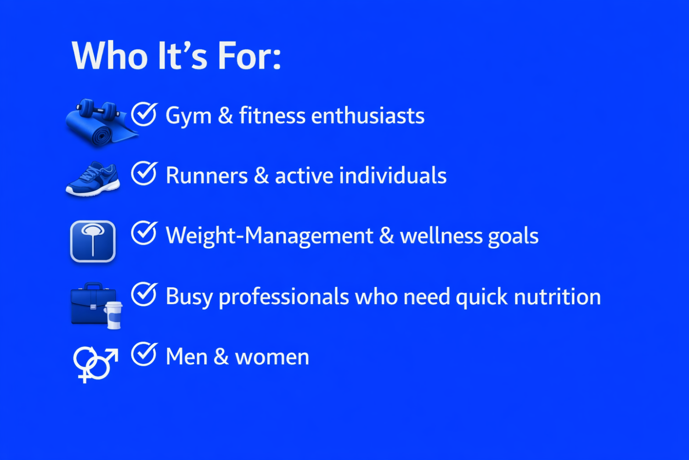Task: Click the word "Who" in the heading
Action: (x=109, y=56)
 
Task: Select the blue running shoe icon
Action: (x=93, y=178)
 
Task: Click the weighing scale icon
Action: (x=93, y=241)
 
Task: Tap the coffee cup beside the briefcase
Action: (x=113, y=315)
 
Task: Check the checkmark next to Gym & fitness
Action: (x=144, y=114)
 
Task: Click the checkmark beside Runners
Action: (x=144, y=173)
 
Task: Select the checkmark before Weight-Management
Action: (x=144, y=233)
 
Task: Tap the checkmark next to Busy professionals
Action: (x=144, y=294)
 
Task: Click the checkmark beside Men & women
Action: (x=144, y=354)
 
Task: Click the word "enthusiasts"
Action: (x=368, y=116)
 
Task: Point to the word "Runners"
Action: (x=207, y=176)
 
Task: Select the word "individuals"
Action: (x=393, y=175)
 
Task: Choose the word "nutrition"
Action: (x=557, y=296)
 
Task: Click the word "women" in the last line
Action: (x=272, y=357)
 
